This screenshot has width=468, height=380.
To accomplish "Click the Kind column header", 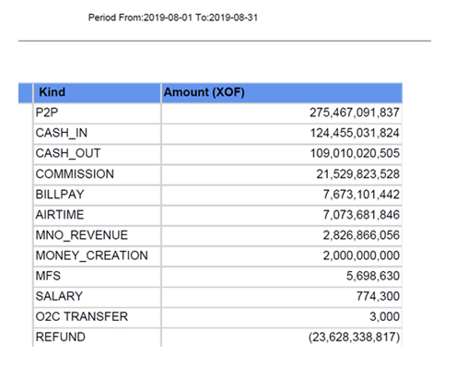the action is [x=52, y=92].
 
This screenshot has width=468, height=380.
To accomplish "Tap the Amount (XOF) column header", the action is [x=204, y=92].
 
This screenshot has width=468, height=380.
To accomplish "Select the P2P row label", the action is [x=47, y=113].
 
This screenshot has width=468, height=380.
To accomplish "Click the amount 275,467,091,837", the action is [x=355, y=113].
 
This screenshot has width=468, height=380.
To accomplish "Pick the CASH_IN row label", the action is [x=62, y=133].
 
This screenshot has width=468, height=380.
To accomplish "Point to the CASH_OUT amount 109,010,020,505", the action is [x=355, y=153].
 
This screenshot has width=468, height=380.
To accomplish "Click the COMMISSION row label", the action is [x=75, y=174].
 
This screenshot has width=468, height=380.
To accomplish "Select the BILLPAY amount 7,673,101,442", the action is [x=361, y=195].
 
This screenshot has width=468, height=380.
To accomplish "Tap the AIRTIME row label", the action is [x=60, y=215].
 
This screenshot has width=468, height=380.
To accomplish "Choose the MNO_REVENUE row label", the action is [x=82, y=235].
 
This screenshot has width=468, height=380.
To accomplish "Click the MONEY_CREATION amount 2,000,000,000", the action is [x=361, y=255].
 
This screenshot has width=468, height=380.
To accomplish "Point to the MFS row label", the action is [x=48, y=276].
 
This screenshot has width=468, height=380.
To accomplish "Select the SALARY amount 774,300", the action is [x=378, y=296].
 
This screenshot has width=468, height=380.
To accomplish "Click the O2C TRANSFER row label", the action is [x=82, y=316].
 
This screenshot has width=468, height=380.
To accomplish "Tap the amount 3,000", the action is [x=384, y=316].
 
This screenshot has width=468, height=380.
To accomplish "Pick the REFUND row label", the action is [x=61, y=337].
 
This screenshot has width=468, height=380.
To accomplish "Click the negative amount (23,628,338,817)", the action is [x=354, y=337].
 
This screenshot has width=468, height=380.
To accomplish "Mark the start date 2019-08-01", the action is [x=168, y=18].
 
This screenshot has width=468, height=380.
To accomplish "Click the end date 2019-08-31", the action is [x=233, y=18].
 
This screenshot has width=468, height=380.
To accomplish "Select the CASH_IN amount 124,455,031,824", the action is [x=355, y=133].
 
